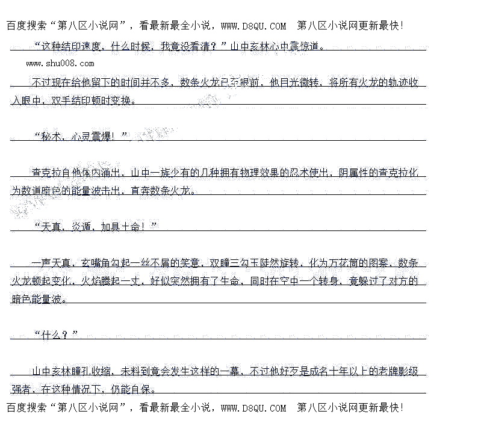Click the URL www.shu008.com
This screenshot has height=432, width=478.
point(60,63)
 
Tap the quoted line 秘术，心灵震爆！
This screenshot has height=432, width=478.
point(81,136)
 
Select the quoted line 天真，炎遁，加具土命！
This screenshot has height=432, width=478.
point(95,226)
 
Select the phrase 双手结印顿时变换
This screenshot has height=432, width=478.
point(90,100)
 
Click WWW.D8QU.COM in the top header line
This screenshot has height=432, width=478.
point(253,25)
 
